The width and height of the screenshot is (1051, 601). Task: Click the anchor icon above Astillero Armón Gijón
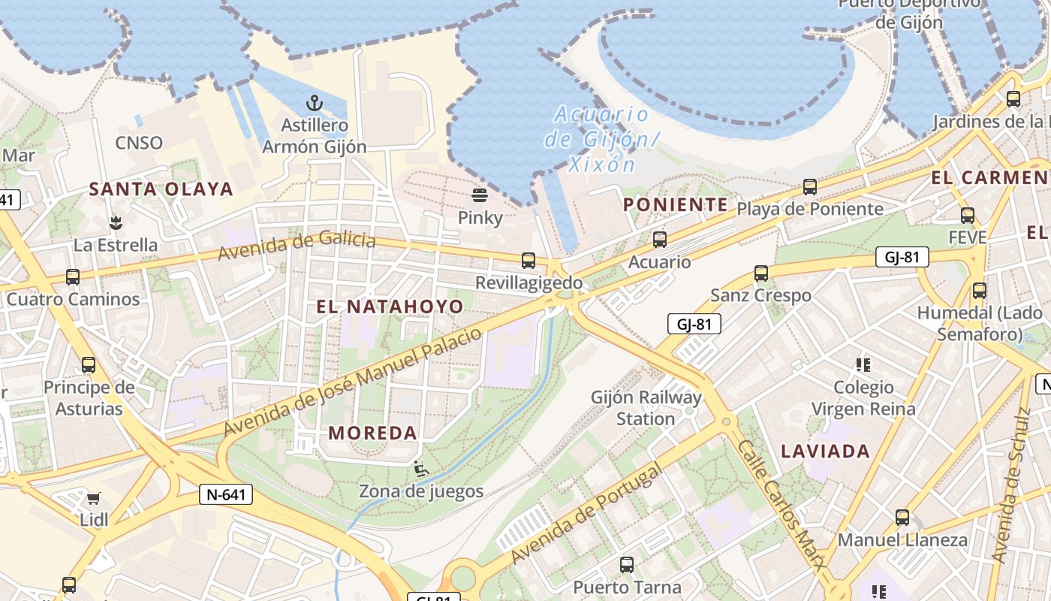(314, 103)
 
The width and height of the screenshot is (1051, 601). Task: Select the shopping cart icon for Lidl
(94, 498)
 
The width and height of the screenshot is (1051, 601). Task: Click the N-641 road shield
(226, 494)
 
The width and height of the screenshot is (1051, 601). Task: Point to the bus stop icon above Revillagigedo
(529, 261)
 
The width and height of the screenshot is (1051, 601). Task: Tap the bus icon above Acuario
(660, 240)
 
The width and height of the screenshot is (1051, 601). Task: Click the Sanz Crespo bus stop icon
(761, 273)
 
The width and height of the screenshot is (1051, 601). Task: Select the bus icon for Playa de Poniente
(809, 186)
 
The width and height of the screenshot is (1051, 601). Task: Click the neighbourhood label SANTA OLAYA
(161, 189)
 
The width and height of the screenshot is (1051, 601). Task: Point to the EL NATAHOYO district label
(390, 307)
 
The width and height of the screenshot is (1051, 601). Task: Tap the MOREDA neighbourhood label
(373, 433)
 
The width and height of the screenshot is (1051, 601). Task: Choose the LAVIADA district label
(826, 452)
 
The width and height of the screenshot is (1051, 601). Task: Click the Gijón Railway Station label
(646, 408)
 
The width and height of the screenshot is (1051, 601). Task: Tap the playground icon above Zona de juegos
(421, 469)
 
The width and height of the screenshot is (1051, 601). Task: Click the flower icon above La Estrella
(116, 222)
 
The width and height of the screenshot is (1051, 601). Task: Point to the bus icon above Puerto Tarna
(627, 565)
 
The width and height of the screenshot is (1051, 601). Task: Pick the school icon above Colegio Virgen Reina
(863, 365)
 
